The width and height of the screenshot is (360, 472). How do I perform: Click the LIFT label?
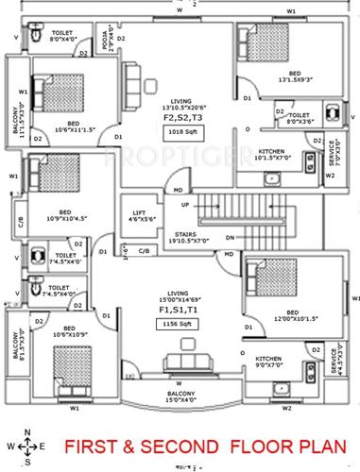(137, 213)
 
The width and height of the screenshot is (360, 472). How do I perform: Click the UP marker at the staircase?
(184, 205)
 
